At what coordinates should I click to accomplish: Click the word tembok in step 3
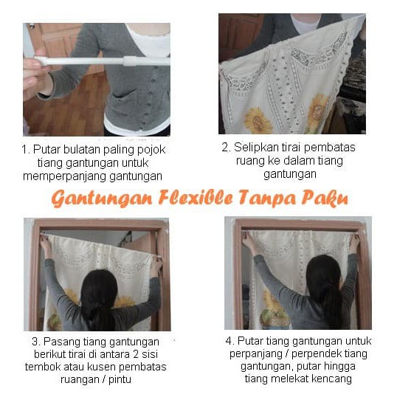(46, 367)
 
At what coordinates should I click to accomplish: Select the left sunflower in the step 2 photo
(258, 118)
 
